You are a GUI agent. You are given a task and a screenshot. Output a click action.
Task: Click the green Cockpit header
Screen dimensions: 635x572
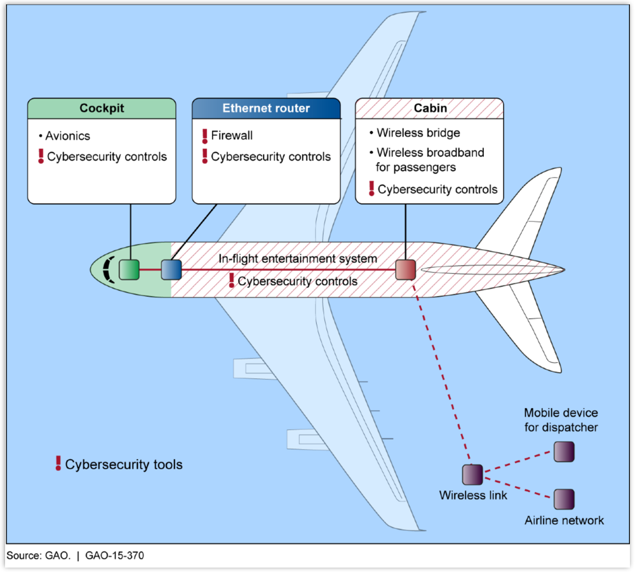102,108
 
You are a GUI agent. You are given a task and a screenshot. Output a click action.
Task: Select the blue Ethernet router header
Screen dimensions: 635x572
266,108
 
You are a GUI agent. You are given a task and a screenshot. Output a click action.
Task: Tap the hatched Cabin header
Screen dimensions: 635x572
429,108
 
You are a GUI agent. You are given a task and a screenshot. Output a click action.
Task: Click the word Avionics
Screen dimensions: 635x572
68,136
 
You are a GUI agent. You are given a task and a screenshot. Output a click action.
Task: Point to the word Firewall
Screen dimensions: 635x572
232,135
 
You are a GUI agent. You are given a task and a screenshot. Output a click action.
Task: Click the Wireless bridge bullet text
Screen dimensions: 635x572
418,133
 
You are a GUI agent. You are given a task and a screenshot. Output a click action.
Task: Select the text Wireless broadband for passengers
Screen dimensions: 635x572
430,160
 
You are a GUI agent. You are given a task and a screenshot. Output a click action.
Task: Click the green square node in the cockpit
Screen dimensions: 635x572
129,269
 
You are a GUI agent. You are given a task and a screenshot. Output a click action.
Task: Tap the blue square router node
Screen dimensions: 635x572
171,269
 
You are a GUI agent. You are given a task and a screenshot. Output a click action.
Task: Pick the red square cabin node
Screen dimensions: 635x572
405,269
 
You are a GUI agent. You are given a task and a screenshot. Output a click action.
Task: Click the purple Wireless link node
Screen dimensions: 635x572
472,475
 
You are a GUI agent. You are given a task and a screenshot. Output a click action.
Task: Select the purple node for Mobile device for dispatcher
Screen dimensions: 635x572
564,452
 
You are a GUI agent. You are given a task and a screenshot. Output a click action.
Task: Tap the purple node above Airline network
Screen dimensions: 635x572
564,499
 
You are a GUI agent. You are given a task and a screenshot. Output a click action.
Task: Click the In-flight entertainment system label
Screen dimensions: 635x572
298,259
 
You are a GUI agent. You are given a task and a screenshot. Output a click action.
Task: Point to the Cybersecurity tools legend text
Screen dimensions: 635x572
124,465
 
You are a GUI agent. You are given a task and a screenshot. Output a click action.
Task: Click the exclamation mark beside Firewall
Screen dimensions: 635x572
204,136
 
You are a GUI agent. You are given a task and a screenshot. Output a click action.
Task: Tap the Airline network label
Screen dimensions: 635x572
564,521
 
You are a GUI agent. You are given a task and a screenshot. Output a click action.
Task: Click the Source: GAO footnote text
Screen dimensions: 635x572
39,555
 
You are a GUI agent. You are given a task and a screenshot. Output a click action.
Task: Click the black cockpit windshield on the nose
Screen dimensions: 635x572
108,269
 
